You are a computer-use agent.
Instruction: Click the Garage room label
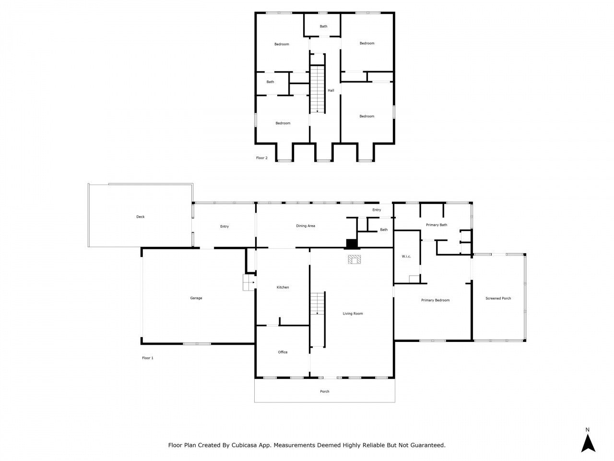coord(196,298)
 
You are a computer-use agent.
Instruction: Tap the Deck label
coord(140,217)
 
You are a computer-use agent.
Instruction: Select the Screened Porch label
coord(498,299)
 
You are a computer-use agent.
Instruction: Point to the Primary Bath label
coord(437,225)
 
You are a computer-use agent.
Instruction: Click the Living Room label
coord(353,314)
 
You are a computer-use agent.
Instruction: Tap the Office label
coord(283,352)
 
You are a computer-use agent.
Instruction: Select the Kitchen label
coord(283,288)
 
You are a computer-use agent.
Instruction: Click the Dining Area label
coord(305,226)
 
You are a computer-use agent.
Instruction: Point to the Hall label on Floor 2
coord(331,91)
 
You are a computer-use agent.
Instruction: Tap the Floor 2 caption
coord(262,158)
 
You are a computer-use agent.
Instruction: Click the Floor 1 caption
coord(148,358)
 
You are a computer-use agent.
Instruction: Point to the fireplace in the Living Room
coord(355,260)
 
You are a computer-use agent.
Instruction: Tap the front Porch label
coord(325,392)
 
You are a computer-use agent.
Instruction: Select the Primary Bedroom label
coord(435,301)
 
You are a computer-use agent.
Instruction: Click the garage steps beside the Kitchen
coord(248,283)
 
